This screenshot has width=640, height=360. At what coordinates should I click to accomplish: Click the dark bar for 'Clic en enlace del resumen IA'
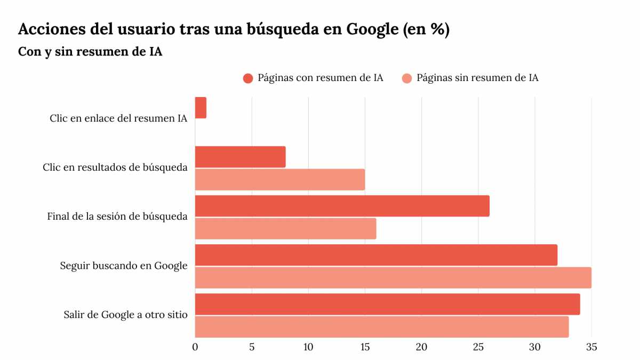[x=201, y=108]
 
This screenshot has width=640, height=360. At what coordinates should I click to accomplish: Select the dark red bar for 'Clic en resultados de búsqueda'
[x=240, y=157]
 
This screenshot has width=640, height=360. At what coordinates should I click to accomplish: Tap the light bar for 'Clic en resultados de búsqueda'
[x=280, y=180]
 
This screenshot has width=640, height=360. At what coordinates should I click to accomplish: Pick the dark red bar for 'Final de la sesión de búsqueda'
[x=342, y=206]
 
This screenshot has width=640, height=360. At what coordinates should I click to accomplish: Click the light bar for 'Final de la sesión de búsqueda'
[x=285, y=229]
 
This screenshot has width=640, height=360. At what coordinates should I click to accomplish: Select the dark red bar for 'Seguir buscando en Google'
[x=376, y=255]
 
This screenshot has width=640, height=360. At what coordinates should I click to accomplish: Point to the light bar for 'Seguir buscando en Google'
[x=393, y=278]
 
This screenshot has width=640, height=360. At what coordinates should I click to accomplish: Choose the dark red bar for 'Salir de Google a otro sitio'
[x=387, y=304]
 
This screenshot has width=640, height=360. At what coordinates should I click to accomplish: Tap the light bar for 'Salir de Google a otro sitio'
[x=382, y=327]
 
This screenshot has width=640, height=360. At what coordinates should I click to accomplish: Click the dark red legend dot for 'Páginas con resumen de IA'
[x=247, y=78]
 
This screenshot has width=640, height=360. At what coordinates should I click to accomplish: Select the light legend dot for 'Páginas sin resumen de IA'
[x=406, y=78]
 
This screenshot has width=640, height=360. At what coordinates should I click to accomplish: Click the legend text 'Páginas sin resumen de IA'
[x=477, y=78]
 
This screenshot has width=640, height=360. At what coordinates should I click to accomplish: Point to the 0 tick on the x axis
[x=195, y=347]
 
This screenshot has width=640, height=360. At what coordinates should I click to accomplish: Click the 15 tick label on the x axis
[x=365, y=347]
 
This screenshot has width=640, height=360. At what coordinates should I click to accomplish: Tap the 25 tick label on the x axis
[x=478, y=347]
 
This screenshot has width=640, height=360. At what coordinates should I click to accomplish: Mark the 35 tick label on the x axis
[x=591, y=347]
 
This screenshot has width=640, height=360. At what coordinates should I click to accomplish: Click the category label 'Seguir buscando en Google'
[x=124, y=266]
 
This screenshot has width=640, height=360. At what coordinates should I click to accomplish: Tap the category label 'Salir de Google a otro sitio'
[x=125, y=315]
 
